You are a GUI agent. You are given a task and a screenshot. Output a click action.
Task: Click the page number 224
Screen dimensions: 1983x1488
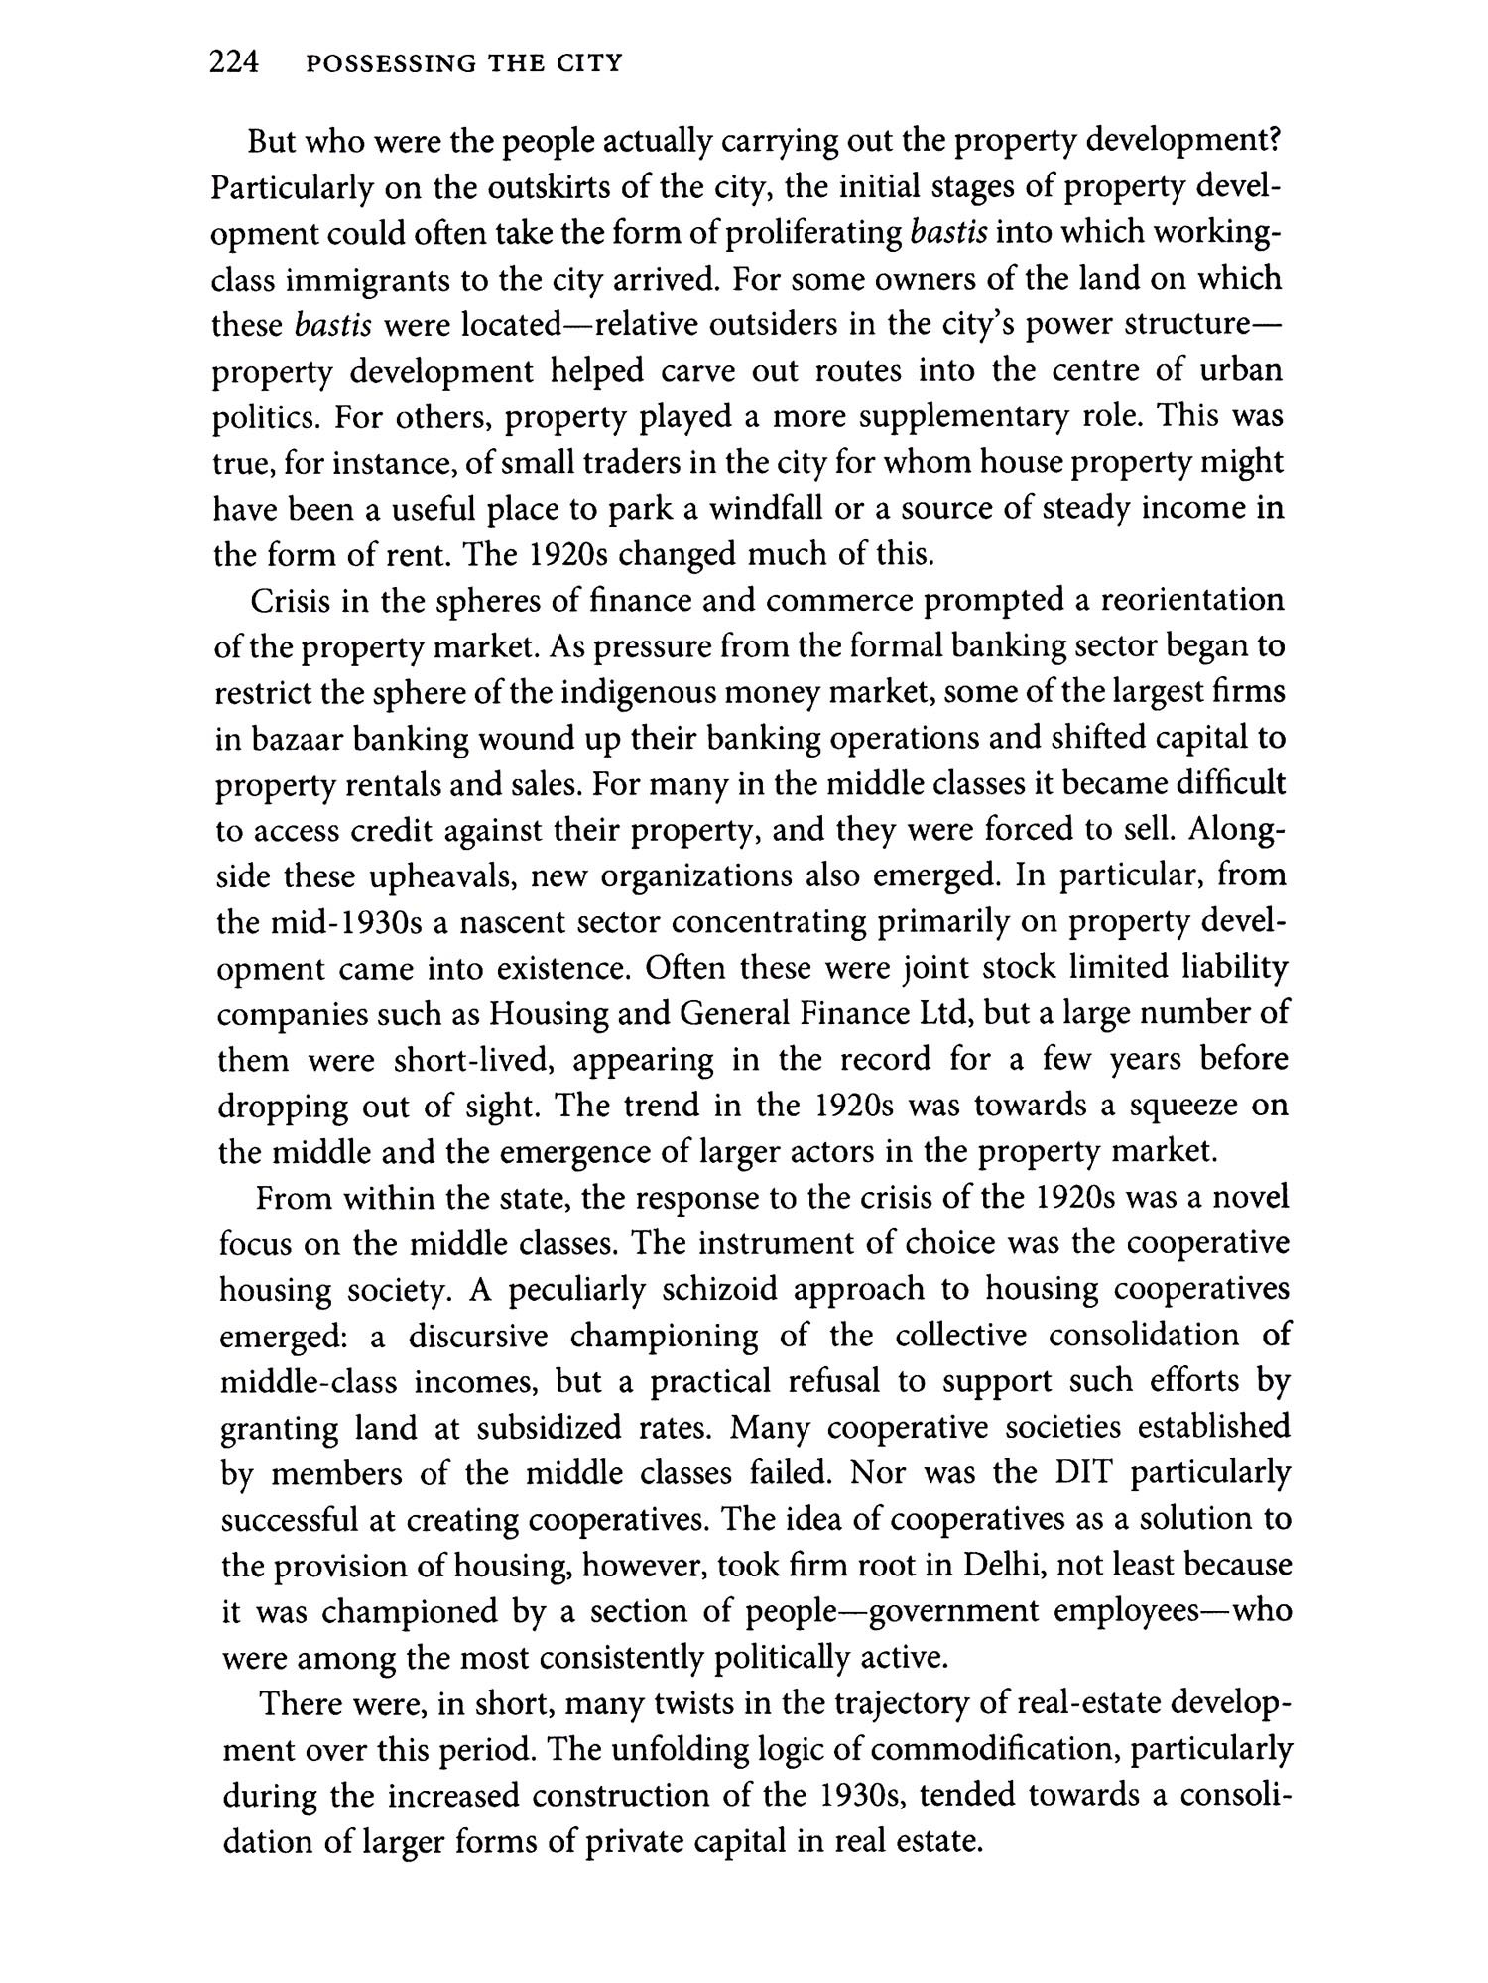pos(234,63)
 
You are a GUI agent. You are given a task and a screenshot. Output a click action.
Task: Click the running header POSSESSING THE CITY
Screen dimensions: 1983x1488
pos(464,64)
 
